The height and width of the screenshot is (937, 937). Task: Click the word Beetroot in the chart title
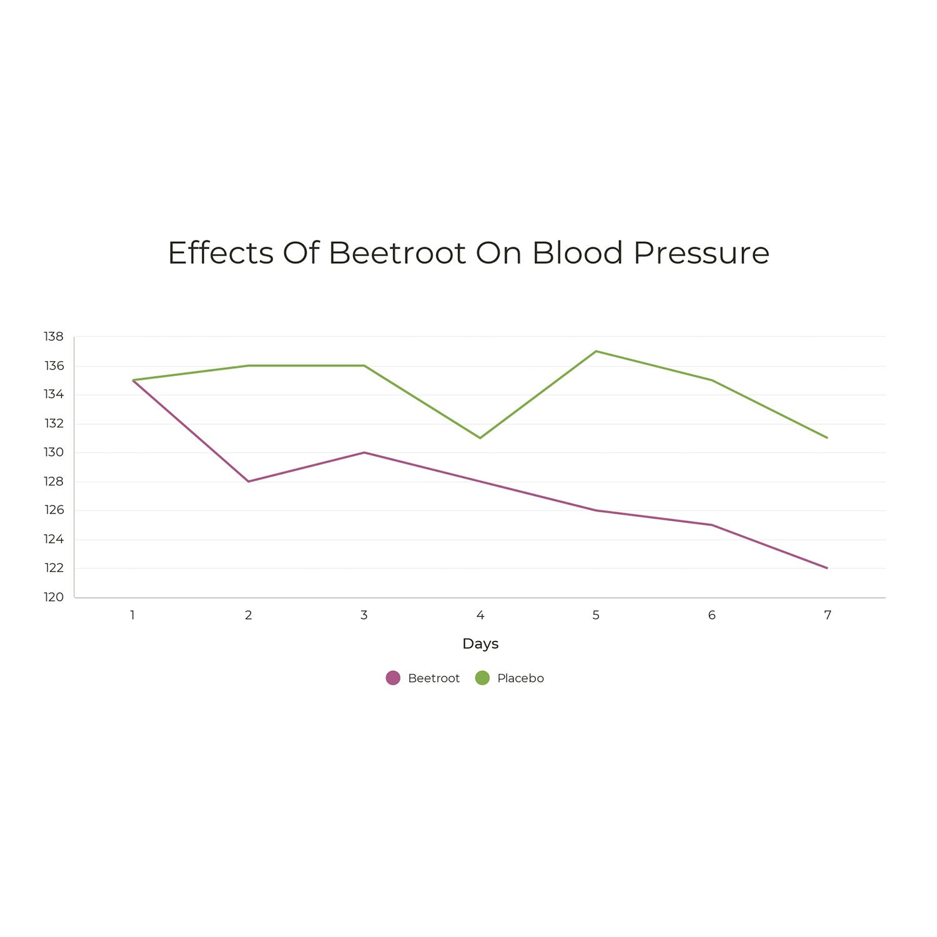pos(397,253)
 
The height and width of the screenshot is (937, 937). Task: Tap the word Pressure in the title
pos(701,253)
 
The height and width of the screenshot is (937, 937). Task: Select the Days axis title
pos(480,643)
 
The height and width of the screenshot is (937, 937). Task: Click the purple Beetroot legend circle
pos(393,678)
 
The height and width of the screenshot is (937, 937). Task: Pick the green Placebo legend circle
pos(482,678)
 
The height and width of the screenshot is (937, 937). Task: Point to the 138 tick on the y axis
pos(54,337)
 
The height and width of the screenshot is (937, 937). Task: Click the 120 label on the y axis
pos(54,597)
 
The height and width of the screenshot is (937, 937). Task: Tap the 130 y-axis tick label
pos(54,452)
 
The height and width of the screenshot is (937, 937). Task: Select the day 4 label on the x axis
pos(480,615)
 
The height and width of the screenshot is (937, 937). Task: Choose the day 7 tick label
pos(828,615)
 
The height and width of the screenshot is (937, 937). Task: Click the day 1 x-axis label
pos(132,615)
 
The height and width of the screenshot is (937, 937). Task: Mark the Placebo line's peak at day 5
pos(596,351)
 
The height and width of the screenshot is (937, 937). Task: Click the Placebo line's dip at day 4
pos(480,438)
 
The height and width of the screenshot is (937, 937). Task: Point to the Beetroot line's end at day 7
pos(828,568)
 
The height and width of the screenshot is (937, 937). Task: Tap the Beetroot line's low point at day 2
pos(249,482)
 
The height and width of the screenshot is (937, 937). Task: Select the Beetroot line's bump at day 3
pos(364,452)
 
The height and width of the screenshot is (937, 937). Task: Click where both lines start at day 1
pos(133,380)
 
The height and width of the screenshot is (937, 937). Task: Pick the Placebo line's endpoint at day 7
pos(828,438)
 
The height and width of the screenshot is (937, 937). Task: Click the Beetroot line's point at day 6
pos(712,525)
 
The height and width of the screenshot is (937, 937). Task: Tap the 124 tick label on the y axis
pos(54,539)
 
